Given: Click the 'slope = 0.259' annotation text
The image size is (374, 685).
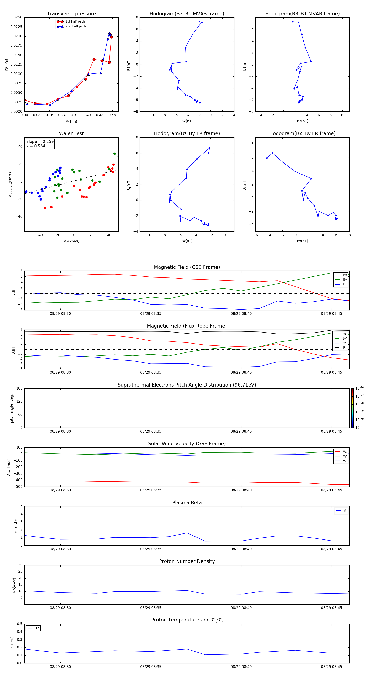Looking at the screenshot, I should [40, 142].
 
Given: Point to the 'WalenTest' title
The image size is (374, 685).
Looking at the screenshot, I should [71, 133].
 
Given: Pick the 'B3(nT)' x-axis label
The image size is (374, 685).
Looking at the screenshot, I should [302, 121].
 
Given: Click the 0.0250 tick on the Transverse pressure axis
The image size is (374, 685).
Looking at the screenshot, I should [16, 17].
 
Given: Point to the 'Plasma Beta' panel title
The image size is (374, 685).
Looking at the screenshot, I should [187, 503].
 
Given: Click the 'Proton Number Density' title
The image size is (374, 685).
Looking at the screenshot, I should [187, 561].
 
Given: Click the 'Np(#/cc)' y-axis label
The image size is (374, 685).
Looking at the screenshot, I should [14, 585].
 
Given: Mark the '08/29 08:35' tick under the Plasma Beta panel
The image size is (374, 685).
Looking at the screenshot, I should [151, 549].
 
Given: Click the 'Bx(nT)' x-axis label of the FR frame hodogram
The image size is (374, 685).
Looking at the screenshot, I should [302, 241].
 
